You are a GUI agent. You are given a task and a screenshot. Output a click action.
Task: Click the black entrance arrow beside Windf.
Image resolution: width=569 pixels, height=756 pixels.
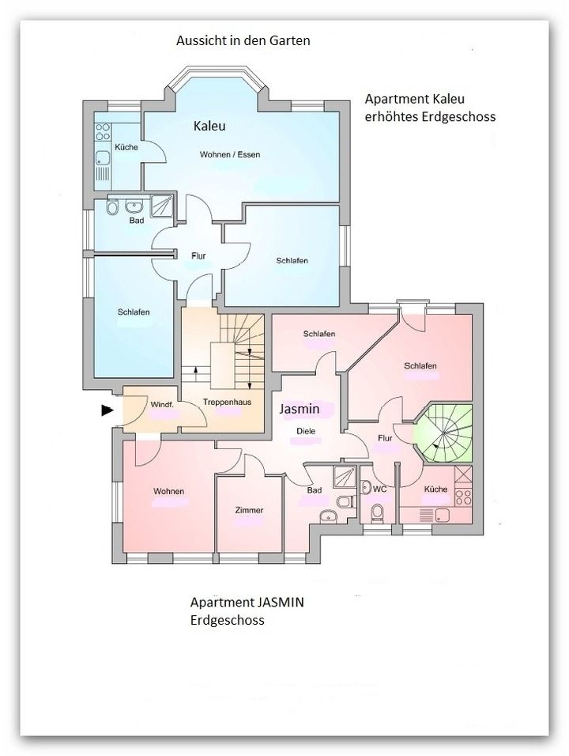(x=107, y=410)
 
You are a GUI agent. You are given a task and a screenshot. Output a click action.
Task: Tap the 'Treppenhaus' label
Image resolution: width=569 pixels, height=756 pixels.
(x=227, y=402)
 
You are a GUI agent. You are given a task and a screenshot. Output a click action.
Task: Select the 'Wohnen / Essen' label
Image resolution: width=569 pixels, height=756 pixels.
(x=230, y=155)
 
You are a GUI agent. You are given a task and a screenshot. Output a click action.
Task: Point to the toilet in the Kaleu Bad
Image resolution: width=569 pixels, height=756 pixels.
(x=112, y=207)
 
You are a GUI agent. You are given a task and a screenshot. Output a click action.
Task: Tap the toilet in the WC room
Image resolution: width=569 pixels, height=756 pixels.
(x=377, y=512)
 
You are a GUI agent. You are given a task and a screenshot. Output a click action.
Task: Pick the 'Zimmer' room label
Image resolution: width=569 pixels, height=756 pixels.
(x=249, y=510)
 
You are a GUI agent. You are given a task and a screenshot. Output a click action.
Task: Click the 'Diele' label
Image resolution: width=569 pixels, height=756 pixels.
(x=306, y=431)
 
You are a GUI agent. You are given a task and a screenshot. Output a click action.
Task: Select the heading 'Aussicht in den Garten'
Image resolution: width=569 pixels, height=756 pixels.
(x=243, y=40)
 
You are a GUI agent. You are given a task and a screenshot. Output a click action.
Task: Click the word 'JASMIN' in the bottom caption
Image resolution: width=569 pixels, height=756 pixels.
(x=280, y=603)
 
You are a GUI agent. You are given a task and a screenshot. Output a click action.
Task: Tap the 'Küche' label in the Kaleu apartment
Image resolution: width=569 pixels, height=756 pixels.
(x=126, y=147)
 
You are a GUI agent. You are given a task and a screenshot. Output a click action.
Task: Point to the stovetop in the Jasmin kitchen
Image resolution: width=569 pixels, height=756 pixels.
(x=463, y=497)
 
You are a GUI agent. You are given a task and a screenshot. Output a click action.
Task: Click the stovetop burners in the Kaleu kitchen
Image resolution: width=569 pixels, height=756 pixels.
(x=103, y=131)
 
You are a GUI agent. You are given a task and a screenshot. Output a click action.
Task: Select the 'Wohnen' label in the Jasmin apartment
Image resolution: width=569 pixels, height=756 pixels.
(x=168, y=491)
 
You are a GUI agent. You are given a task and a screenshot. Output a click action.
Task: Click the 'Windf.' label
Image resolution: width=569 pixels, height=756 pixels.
(x=162, y=405)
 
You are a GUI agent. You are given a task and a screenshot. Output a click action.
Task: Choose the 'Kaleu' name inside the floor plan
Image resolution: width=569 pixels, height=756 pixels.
(x=209, y=126)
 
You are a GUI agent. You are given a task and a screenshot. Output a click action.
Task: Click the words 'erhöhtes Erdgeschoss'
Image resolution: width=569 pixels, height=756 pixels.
(x=430, y=117)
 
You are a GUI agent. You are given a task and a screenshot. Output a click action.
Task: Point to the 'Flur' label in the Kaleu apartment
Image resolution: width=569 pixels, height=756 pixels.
(x=198, y=256)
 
